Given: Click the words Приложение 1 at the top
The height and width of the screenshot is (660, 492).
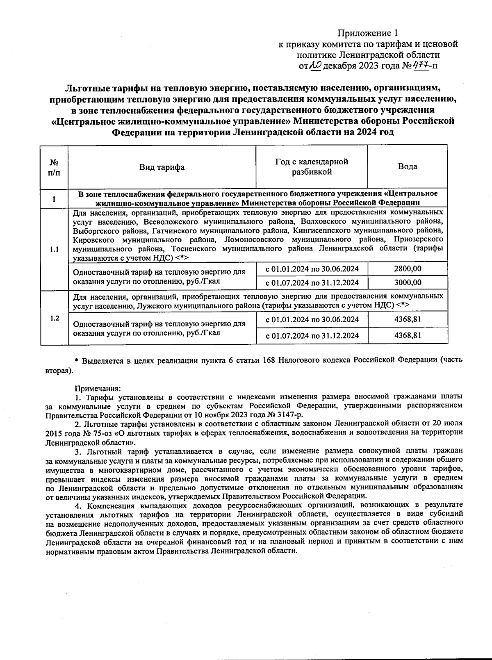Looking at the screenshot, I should tap(367, 33).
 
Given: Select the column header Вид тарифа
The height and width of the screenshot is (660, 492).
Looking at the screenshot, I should tap(162, 167).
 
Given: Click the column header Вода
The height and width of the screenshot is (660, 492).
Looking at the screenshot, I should tap(408, 166).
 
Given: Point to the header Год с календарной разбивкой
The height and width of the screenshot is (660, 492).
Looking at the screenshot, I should tap(312, 166).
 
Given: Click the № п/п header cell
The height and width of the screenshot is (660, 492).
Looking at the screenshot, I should tap(54, 167).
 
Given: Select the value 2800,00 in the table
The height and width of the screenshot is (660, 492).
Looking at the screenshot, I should tap(408, 269).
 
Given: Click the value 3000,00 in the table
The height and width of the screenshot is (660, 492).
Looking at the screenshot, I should tap(408, 282).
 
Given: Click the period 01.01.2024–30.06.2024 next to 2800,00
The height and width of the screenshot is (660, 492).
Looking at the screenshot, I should tap(312, 269).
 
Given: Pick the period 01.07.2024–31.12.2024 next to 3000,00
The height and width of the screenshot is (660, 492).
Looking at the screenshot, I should tap(312, 282).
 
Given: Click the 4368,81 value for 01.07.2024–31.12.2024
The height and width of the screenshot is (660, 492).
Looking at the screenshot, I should tap(408, 335).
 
